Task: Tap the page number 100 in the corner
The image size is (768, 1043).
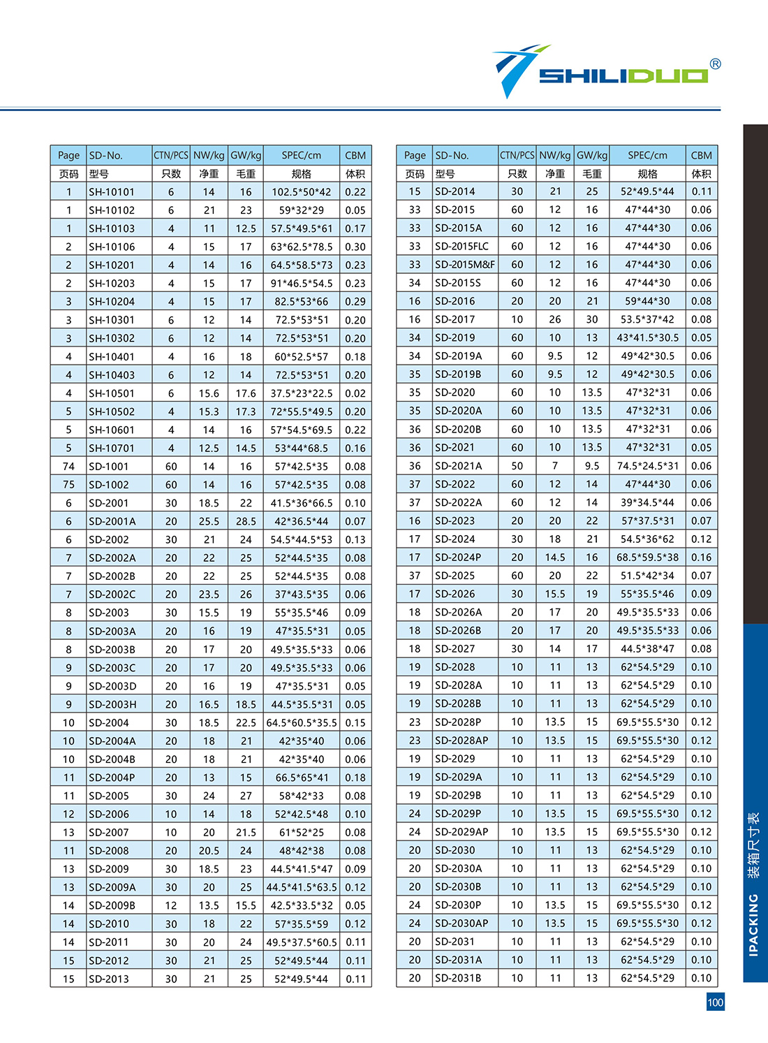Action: coord(715,1002)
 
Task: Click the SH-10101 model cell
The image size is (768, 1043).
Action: coord(112,192)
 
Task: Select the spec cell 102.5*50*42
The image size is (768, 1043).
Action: coord(302,192)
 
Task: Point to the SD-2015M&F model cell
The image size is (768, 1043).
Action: coord(464,265)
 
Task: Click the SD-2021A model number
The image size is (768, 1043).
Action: coord(458,466)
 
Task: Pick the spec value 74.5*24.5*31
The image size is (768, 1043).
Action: coord(647,466)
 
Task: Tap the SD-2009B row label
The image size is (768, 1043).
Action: coord(112,905)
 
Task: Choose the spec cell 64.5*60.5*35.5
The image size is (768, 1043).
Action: coord(302,722)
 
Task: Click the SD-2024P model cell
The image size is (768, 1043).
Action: coord(458,557)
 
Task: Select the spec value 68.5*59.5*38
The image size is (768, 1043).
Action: coord(647,557)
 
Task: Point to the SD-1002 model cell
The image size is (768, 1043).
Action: coord(109,485)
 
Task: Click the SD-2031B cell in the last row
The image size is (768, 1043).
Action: coord(458,978)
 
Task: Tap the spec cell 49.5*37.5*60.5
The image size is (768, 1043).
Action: coord(302,942)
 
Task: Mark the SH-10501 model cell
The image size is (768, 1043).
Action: coord(112,393)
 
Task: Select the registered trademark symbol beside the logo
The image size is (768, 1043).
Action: coord(715,64)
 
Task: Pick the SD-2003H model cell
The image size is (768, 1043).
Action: coord(112,704)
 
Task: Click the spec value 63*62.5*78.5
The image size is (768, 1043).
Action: coord(302,247)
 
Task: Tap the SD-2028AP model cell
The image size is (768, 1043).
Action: coord(461,741)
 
